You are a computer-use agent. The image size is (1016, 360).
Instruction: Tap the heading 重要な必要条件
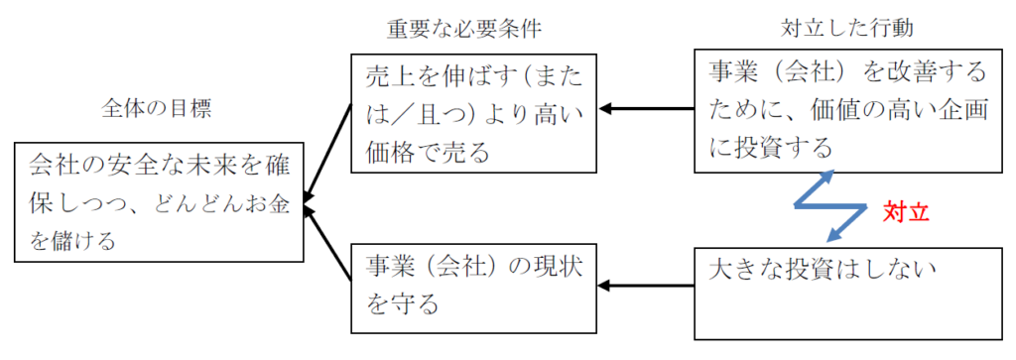tap(465, 29)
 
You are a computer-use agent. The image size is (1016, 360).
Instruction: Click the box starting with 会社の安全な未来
tap(159, 201)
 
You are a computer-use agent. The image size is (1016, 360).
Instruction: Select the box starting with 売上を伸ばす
tap(473, 113)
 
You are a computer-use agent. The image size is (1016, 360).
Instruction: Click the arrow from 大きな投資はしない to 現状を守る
tap(645, 285)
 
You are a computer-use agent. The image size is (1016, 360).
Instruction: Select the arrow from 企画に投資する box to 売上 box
tap(645, 108)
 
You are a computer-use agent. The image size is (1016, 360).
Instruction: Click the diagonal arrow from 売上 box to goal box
tap(327, 152)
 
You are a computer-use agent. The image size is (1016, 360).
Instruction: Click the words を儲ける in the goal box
tap(72, 242)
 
